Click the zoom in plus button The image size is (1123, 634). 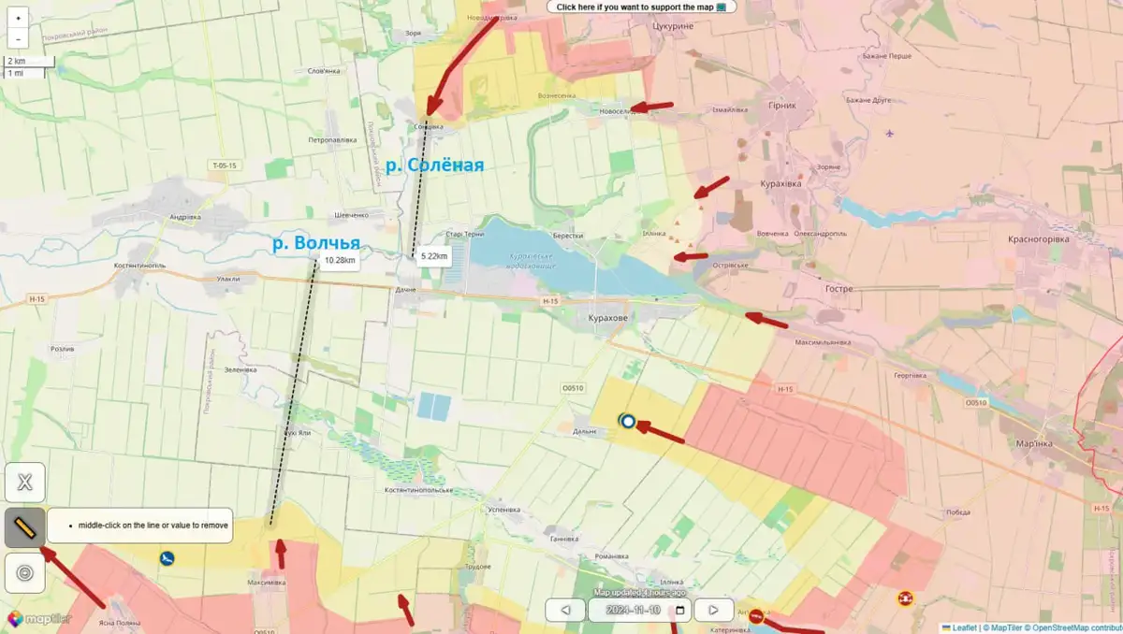pyautogui.click(x=18, y=17)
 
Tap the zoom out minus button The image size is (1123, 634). pyautogui.click(x=18, y=39)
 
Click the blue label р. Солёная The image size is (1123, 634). pyautogui.click(x=434, y=166)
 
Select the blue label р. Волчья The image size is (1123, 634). pyautogui.click(x=316, y=243)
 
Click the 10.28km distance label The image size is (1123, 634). pyautogui.click(x=340, y=261)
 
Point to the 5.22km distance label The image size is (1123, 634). pyautogui.click(x=434, y=255)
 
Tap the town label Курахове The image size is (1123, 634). pyautogui.click(x=608, y=318)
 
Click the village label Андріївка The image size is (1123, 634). pyautogui.click(x=184, y=217)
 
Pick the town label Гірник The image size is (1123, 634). pyautogui.click(x=781, y=106)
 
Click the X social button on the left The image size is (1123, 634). pyautogui.click(x=25, y=483)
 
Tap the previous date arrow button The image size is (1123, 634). pyautogui.click(x=565, y=611)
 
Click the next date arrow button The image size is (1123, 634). pyautogui.click(x=714, y=611)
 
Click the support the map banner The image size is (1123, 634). pyautogui.click(x=641, y=7)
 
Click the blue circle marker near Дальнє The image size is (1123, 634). pyautogui.click(x=628, y=422)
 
